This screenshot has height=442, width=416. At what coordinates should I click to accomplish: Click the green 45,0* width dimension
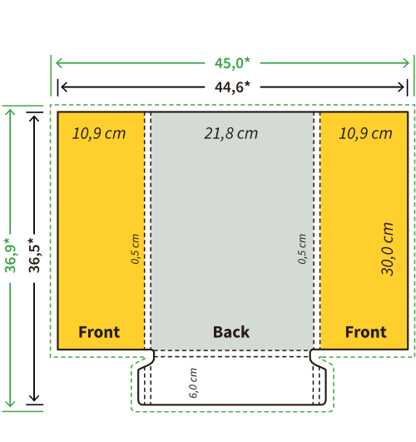[232, 63]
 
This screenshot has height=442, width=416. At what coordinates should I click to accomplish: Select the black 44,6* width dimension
[232, 87]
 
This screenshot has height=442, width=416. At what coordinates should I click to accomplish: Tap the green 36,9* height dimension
[11, 256]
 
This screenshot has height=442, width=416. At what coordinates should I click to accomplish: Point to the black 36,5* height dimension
[34, 256]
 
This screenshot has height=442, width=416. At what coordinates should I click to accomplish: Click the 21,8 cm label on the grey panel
[230, 133]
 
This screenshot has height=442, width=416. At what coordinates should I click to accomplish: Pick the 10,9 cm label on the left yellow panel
[99, 133]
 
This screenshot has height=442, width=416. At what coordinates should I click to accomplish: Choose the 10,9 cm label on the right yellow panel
[365, 133]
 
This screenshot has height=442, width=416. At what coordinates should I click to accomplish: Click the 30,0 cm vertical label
[387, 249]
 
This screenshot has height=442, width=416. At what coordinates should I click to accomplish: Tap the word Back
[231, 332]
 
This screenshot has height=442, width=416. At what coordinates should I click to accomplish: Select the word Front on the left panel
[99, 332]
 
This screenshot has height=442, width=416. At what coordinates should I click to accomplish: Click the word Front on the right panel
[366, 332]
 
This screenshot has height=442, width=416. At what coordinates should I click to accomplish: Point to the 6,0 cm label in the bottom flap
[193, 383]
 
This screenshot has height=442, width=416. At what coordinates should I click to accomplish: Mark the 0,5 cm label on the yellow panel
[135, 249]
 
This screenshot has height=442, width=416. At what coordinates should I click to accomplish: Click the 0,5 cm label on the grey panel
[302, 249]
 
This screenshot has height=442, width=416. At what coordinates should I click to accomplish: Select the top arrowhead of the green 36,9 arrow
[11, 110]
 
